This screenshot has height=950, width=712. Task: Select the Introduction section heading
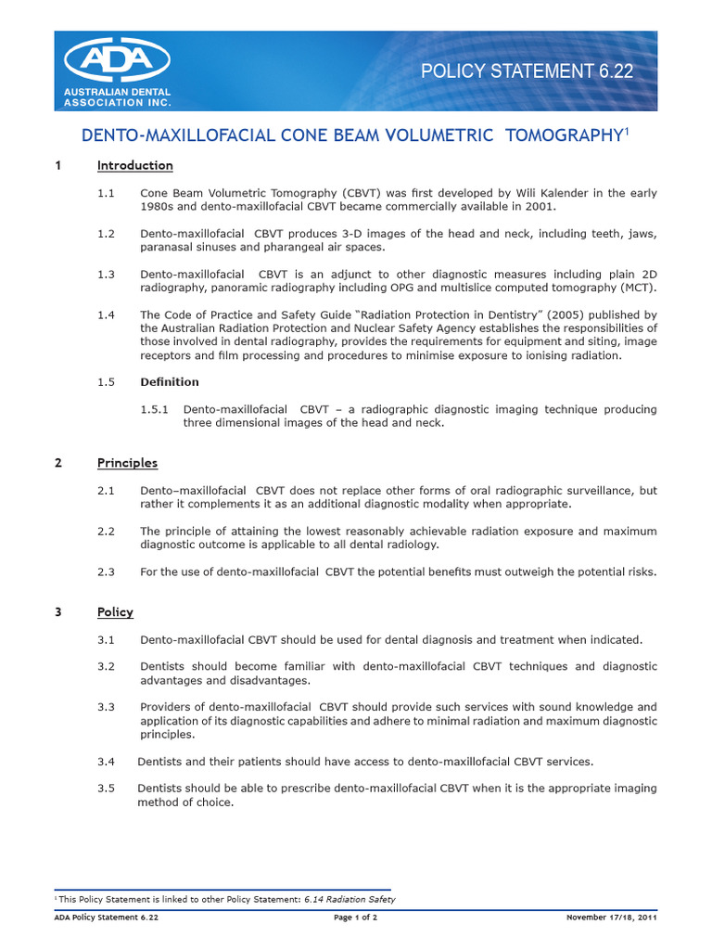(x=134, y=165)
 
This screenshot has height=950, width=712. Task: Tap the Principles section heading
(x=127, y=463)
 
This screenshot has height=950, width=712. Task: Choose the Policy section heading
(x=115, y=612)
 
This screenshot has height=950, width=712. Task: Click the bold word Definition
(x=169, y=381)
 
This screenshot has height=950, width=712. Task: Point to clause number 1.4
(x=106, y=315)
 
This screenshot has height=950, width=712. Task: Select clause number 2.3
(x=106, y=572)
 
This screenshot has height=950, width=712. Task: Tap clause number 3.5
(x=106, y=789)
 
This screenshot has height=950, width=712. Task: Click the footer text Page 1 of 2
(x=355, y=918)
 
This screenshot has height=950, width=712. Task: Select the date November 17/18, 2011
(x=611, y=918)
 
